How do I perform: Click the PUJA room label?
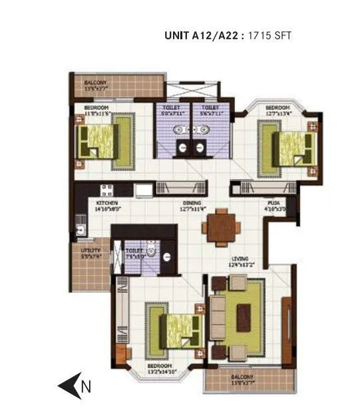click(273, 204)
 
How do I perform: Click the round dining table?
click(221, 228)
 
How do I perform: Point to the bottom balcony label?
click(244, 379)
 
